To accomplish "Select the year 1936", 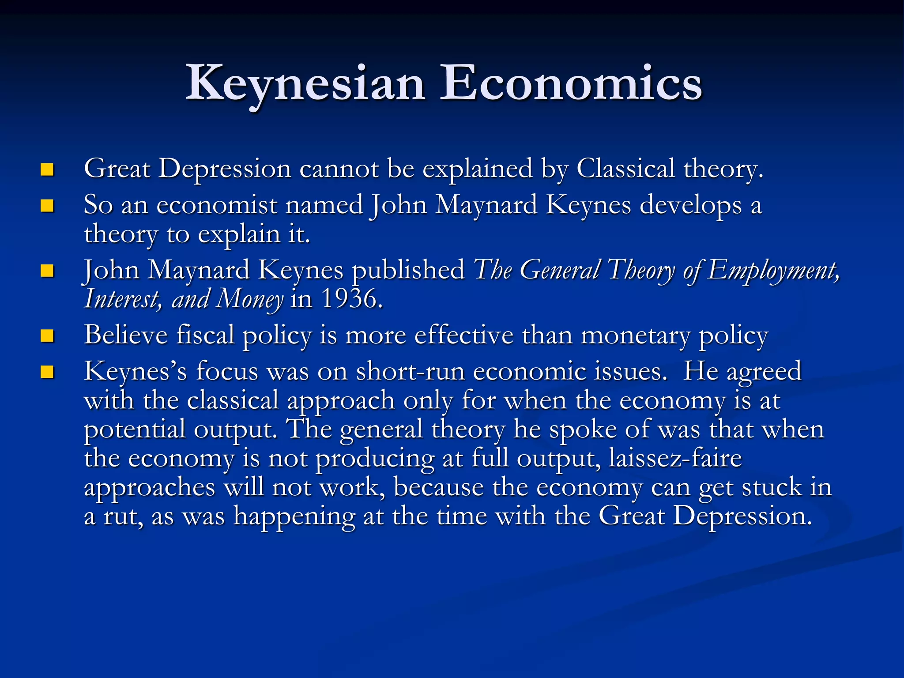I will (x=350, y=299).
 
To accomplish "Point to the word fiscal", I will (x=205, y=335).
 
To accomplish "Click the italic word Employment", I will (x=773, y=270).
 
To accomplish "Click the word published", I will (x=408, y=270).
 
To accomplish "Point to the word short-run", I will (x=411, y=371).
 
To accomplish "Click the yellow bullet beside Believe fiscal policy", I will (x=47, y=336).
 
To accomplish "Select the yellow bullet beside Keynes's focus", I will (x=47, y=372).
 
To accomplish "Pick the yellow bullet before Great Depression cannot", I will (x=47, y=170).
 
